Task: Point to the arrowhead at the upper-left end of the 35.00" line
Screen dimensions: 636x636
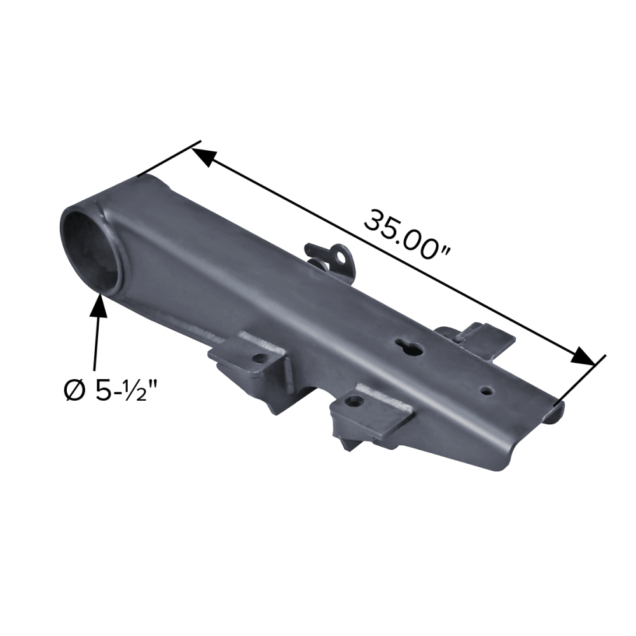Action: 204,156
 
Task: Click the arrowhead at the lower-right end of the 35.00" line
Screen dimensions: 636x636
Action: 583,357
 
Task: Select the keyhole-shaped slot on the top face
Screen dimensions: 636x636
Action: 410,347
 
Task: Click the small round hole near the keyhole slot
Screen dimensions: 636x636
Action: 487,391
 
